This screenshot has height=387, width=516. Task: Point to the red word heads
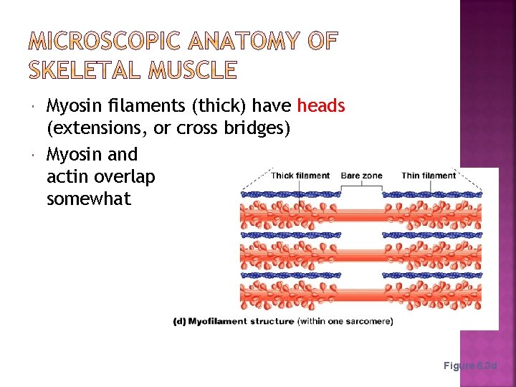pos(321,107)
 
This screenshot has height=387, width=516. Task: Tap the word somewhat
pos(89,199)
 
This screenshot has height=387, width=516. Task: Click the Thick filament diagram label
pos(300,176)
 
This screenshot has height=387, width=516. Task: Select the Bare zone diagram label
pos(361,176)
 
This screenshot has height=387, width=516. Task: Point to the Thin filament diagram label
pos(428,176)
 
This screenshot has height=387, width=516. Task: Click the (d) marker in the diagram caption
pos(179,321)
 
